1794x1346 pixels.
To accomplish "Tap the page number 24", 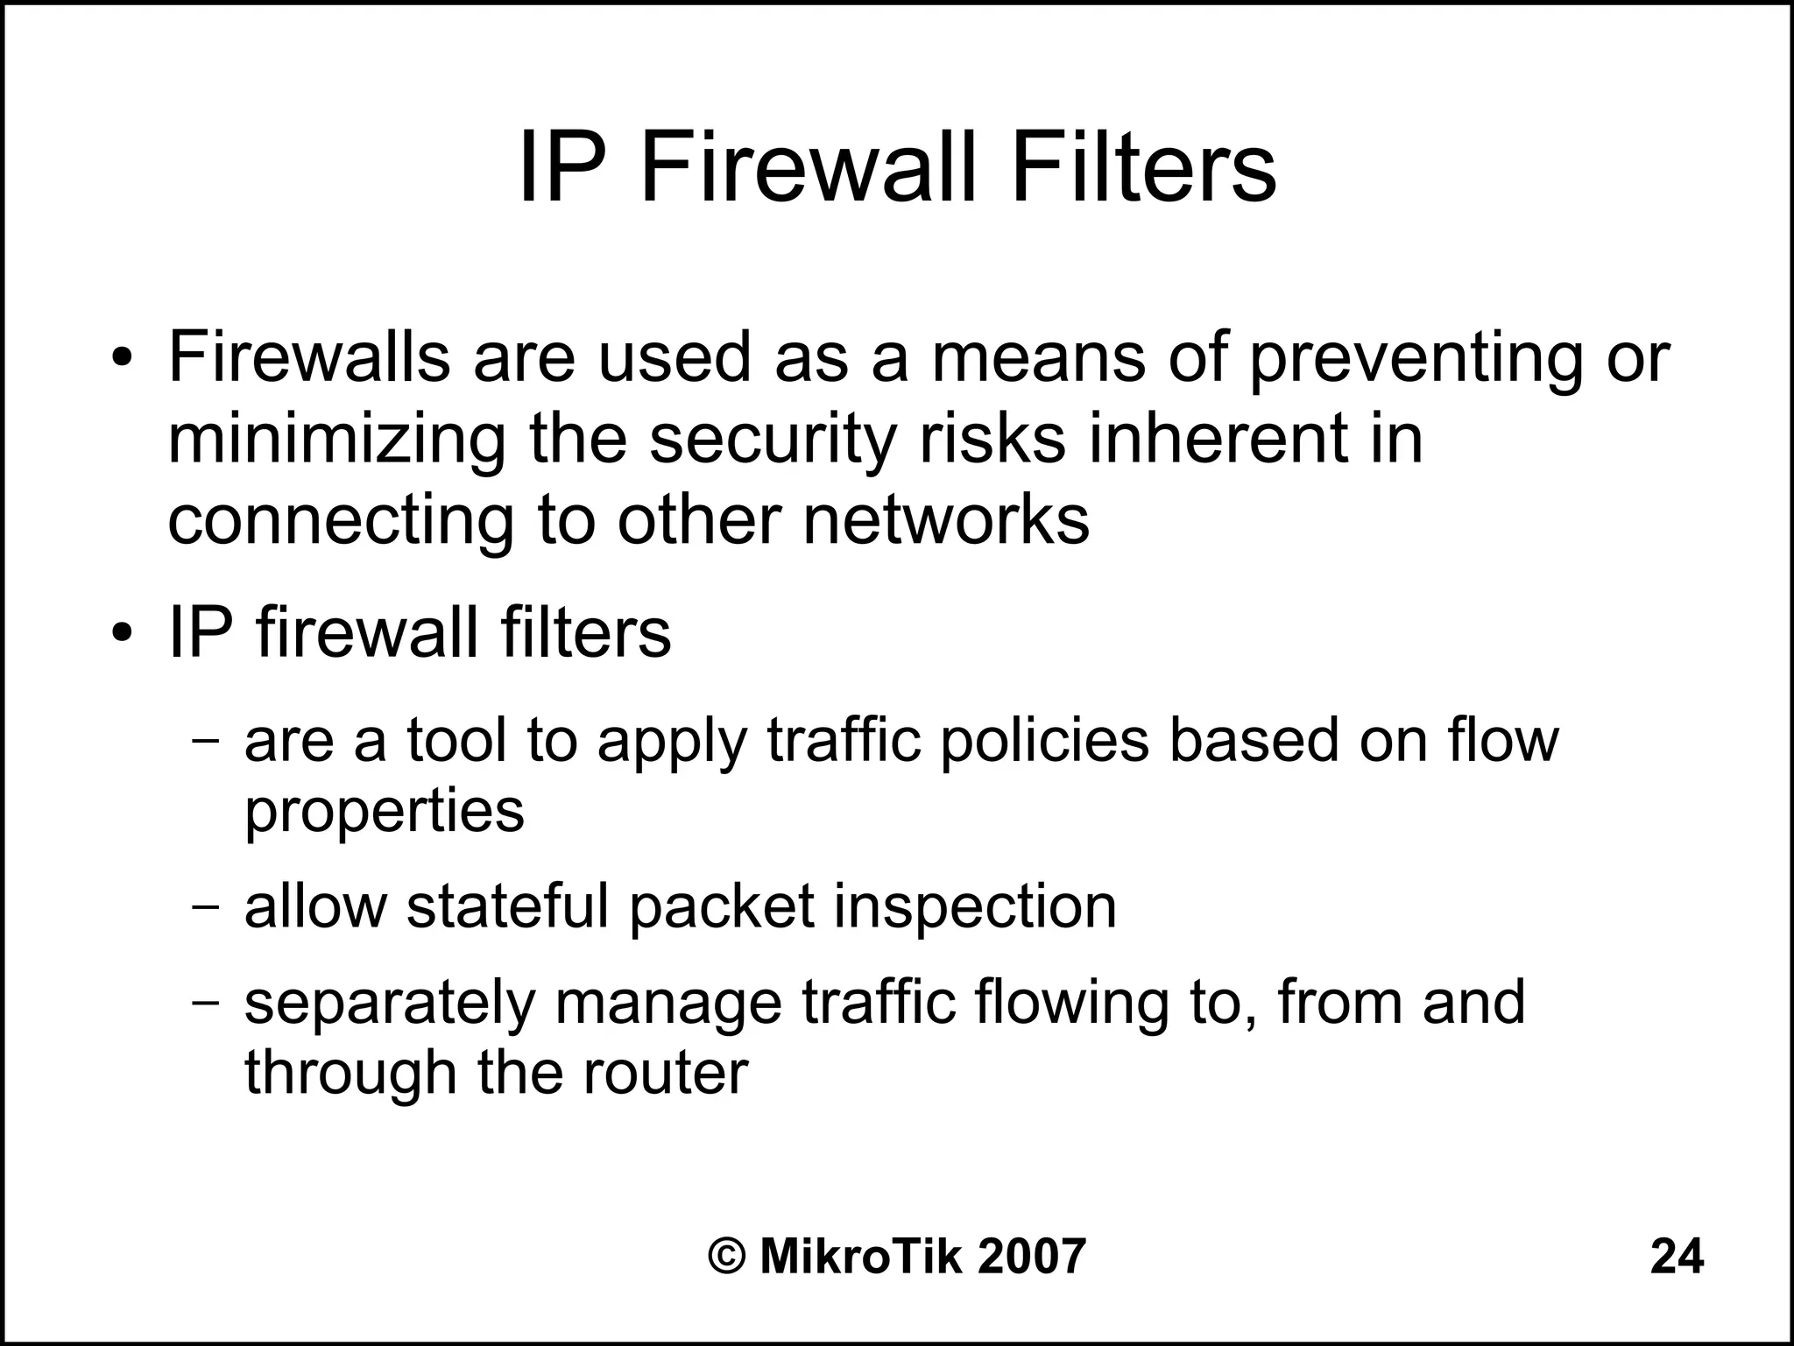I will (x=1677, y=1257).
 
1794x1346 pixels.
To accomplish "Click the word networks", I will (x=946, y=520).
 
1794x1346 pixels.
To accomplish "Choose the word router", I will (x=666, y=1072).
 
